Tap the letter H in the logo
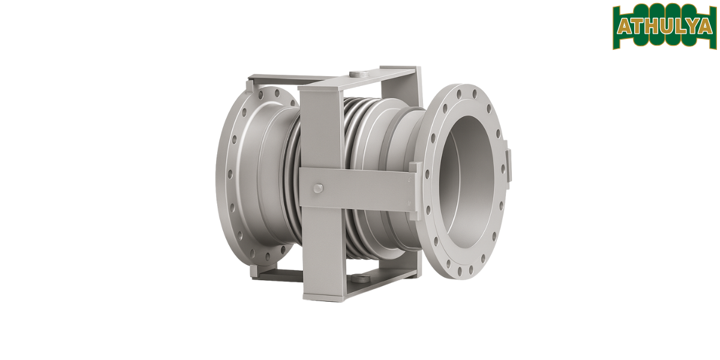coord(653,26)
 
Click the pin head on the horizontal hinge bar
coord(317,188)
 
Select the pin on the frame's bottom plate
coord(359,278)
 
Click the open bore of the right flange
coord(470,179)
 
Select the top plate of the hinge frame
coord(384,77)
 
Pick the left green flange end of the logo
coord(616,27)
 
